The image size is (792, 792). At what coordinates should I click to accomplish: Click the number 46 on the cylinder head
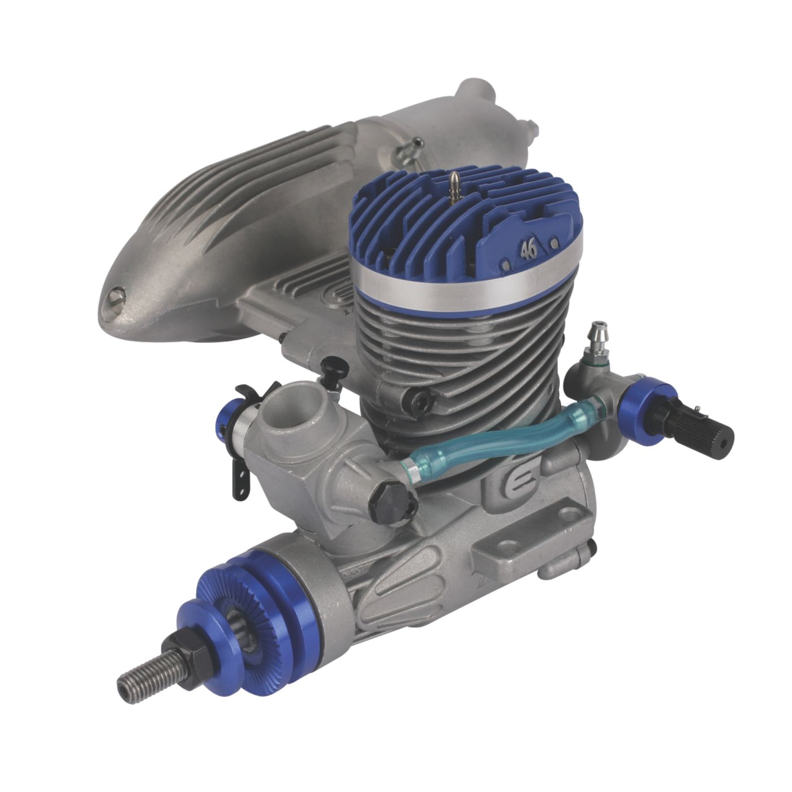coord(528,250)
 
